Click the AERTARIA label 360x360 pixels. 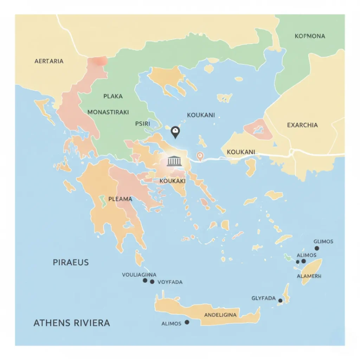[x=49, y=61]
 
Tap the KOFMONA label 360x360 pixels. [x=310, y=36]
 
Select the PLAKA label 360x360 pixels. [x=113, y=96]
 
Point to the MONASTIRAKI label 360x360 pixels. [x=108, y=112]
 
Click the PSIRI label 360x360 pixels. [x=142, y=124]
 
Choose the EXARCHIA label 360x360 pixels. [x=302, y=125]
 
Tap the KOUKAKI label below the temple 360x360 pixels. [x=172, y=181]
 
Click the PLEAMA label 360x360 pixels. [x=120, y=199]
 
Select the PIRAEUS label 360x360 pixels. [x=71, y=262]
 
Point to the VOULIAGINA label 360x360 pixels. [x=139, y=275]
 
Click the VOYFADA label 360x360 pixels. [x=170, y=282]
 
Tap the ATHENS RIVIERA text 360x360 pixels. [x=72, y=323]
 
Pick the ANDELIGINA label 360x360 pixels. [x=220, y=315]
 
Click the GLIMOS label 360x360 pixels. [x=323, y=242]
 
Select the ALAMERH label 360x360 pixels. [x=309, y=276]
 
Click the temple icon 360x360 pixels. [x=174, y=161]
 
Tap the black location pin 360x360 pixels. [x=175, y=132]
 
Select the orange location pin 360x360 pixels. [x=200, y=156]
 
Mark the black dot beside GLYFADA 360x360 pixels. [x=280, y=301]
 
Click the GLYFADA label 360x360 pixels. [x=263, y=298]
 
